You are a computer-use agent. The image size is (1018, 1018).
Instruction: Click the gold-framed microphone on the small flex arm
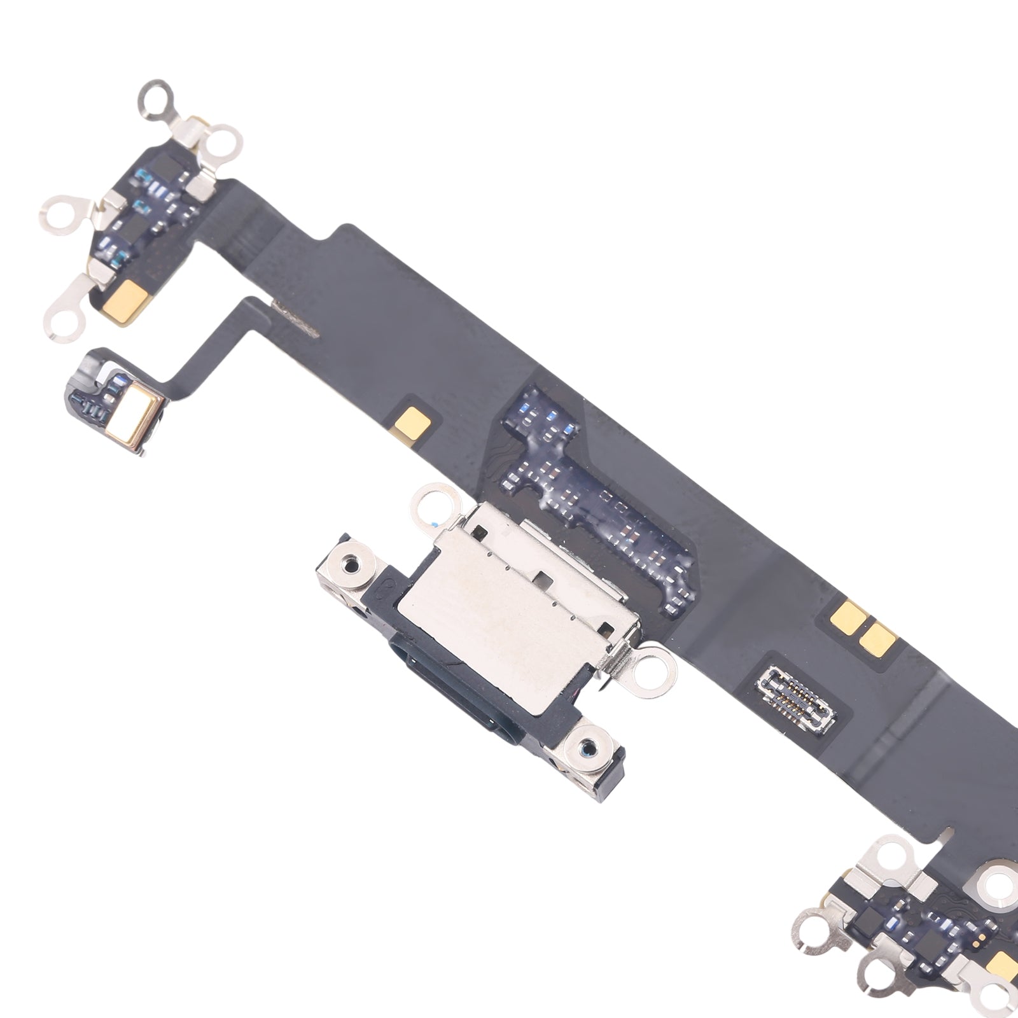tap(137, 421)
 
